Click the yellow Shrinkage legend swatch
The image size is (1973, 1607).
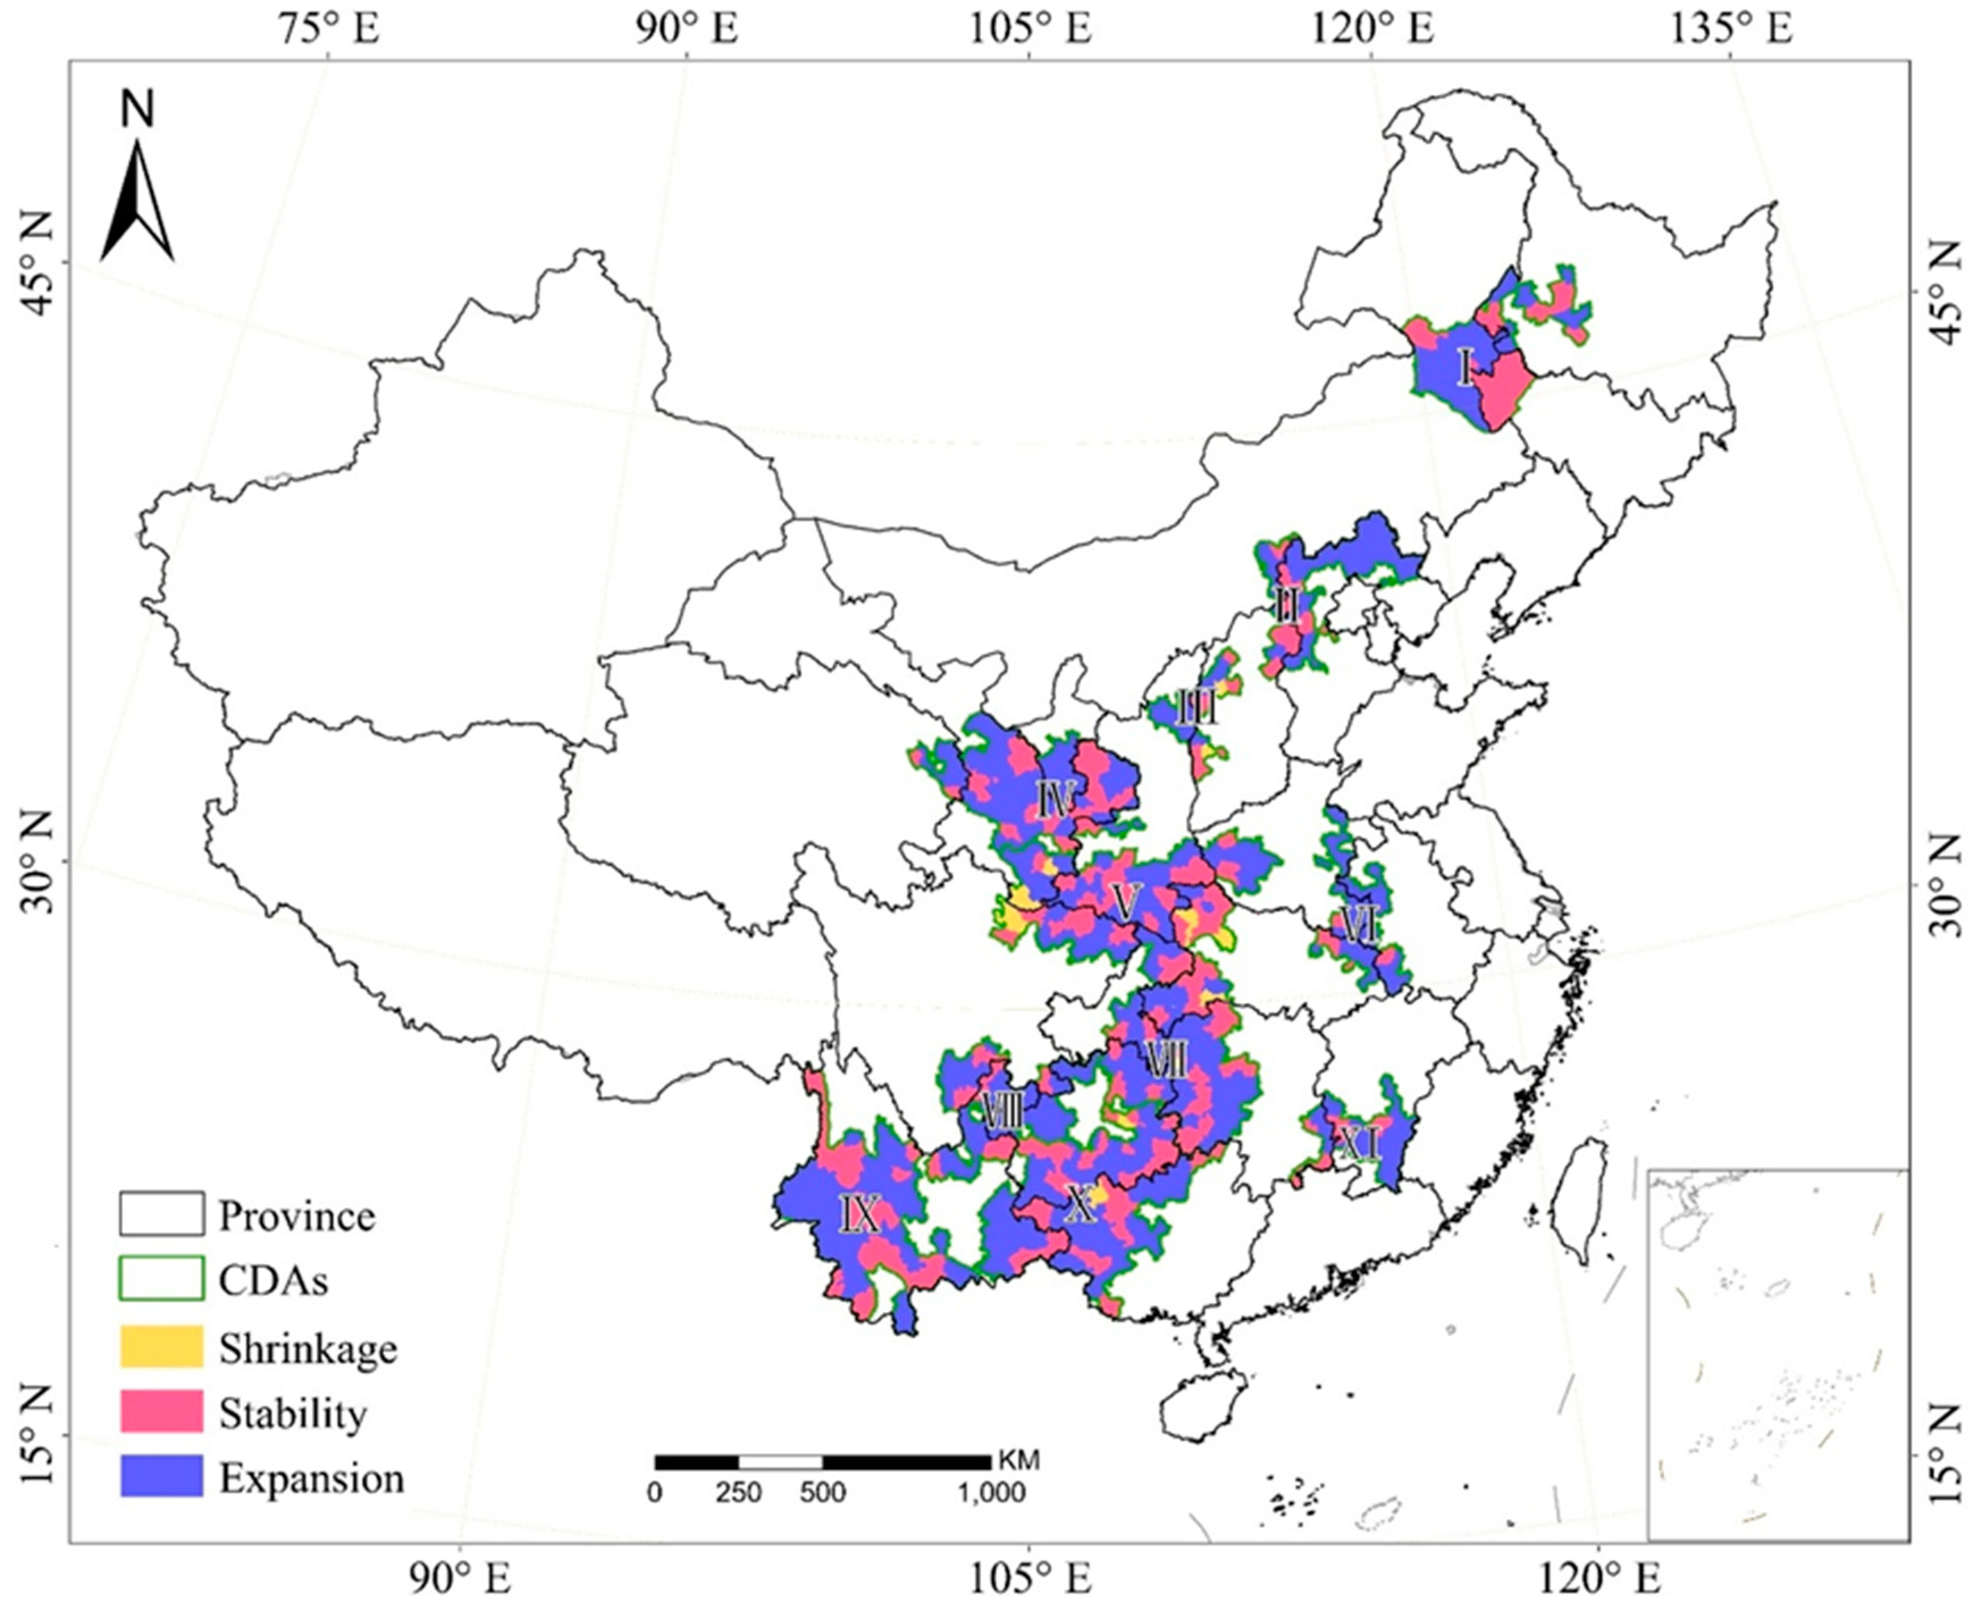click(161, 1346)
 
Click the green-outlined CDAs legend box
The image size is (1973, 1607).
click(161, 1278)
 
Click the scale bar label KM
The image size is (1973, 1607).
click(1018, 1461)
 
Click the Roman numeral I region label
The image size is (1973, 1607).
click(1464, 367)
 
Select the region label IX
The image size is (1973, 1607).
click(859, 1214)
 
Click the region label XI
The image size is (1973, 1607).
click(1360, 1147)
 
